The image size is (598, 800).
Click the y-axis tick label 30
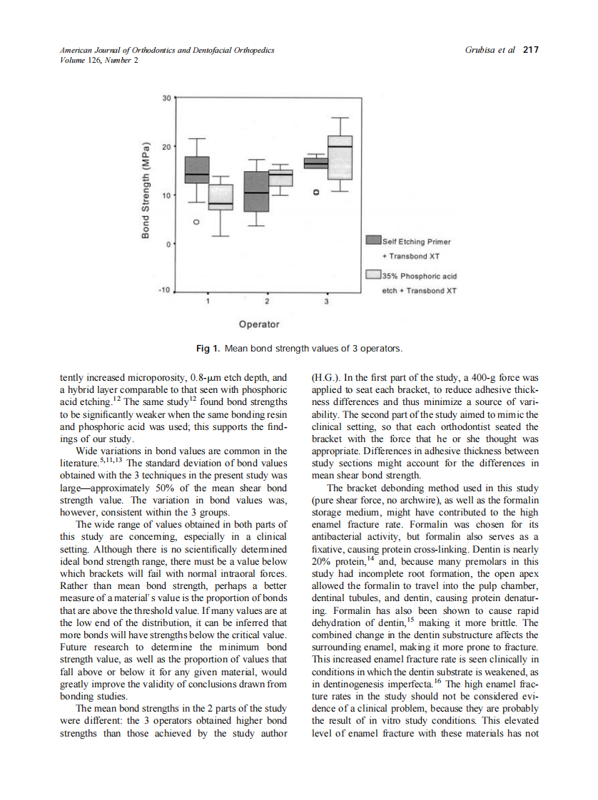pos(166,98)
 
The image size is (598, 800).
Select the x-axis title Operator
pos(259,324)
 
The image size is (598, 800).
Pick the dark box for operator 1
pos(197,170)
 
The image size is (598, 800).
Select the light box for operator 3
pos(340,158)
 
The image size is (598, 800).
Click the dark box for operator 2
pos(256,191)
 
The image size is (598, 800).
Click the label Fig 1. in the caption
pos(208,349)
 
